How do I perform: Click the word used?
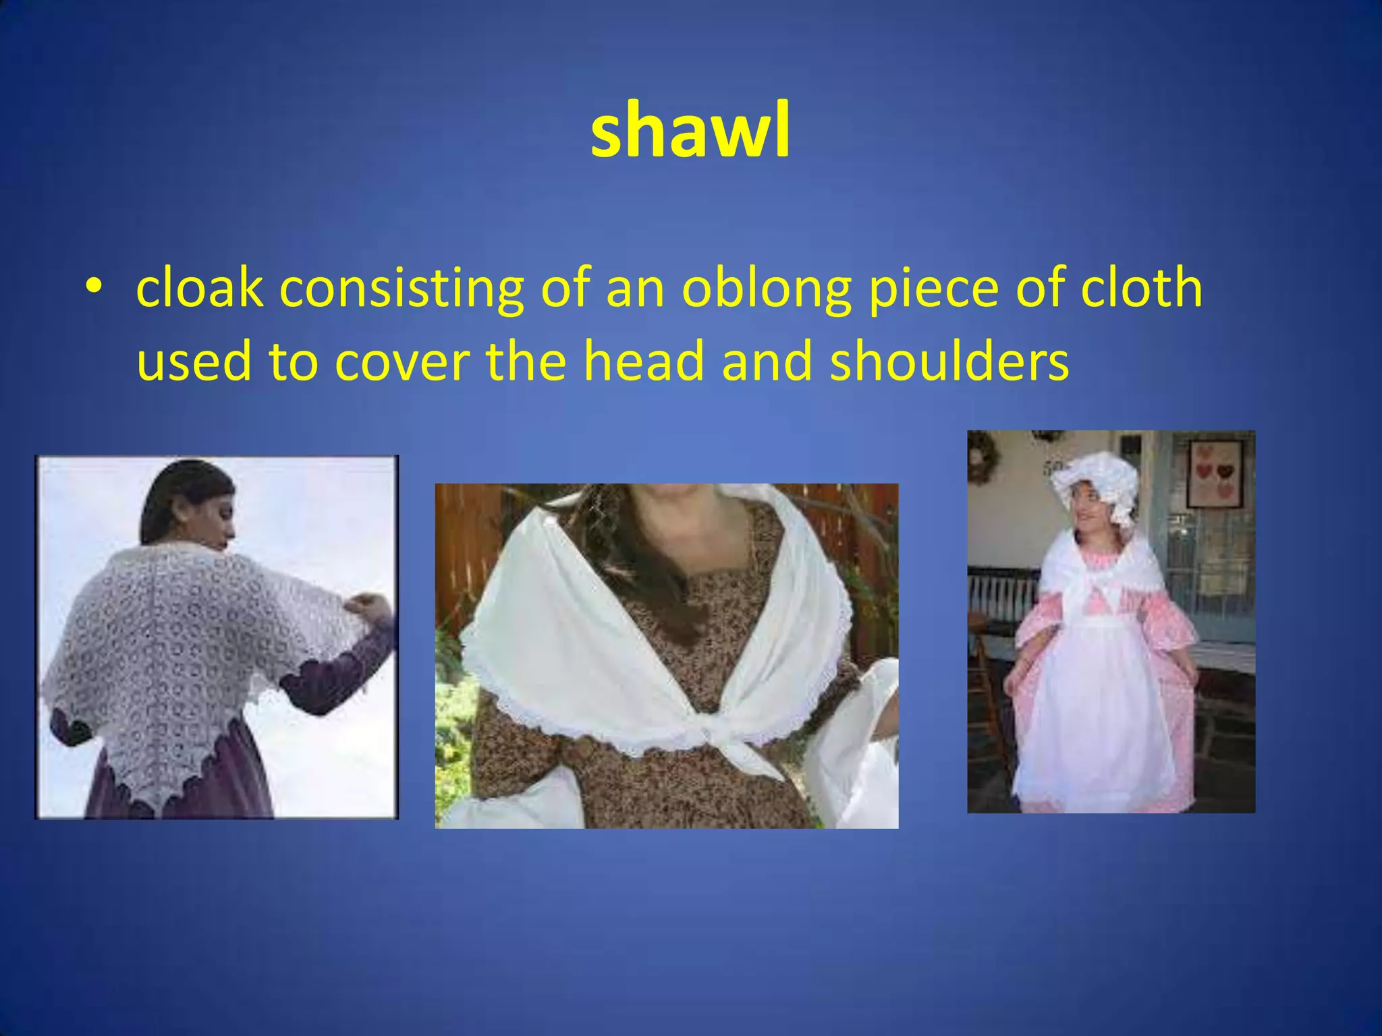[193, 361]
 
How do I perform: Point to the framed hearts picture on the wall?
[1215, 473]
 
